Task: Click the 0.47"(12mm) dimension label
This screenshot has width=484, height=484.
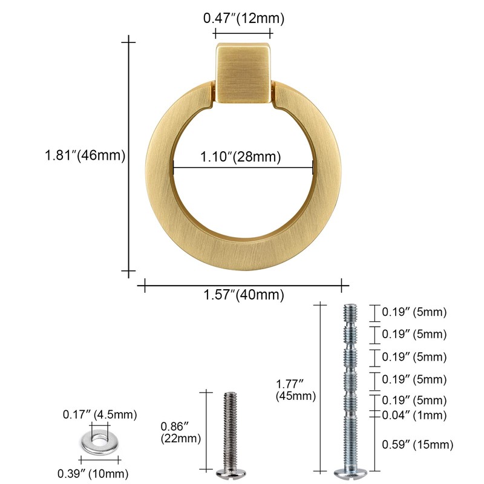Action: pos(244,18)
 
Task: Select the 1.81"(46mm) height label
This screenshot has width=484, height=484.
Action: pos(85,155)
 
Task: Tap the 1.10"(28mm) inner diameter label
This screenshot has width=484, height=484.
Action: pos(241,157)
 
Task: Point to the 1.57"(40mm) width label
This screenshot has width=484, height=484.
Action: pos(244,295)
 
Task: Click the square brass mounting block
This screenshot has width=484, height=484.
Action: pos(244,73)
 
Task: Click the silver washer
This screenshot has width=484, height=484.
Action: pos(100,442)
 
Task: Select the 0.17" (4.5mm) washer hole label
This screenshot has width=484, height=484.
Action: pos(100,414)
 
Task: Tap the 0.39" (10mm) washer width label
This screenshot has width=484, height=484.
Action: pos(93,473)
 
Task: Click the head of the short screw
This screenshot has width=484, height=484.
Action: pos(231,473)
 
